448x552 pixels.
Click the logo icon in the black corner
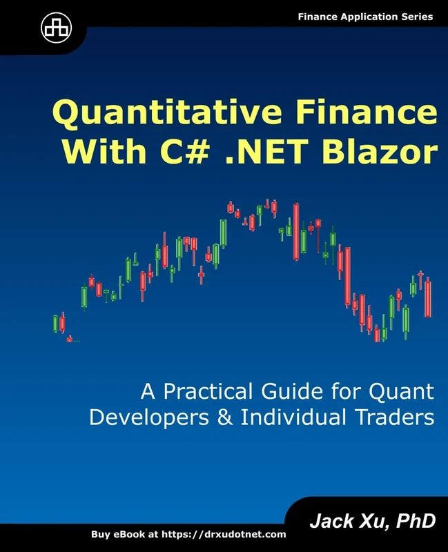click(x=52, y=27)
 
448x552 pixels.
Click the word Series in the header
click(x=416, y=17)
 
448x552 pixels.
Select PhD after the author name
click(x=415, y=521)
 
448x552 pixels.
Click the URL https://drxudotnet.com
click(x=226, y=535)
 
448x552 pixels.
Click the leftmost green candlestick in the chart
click(x=56, y=323)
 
